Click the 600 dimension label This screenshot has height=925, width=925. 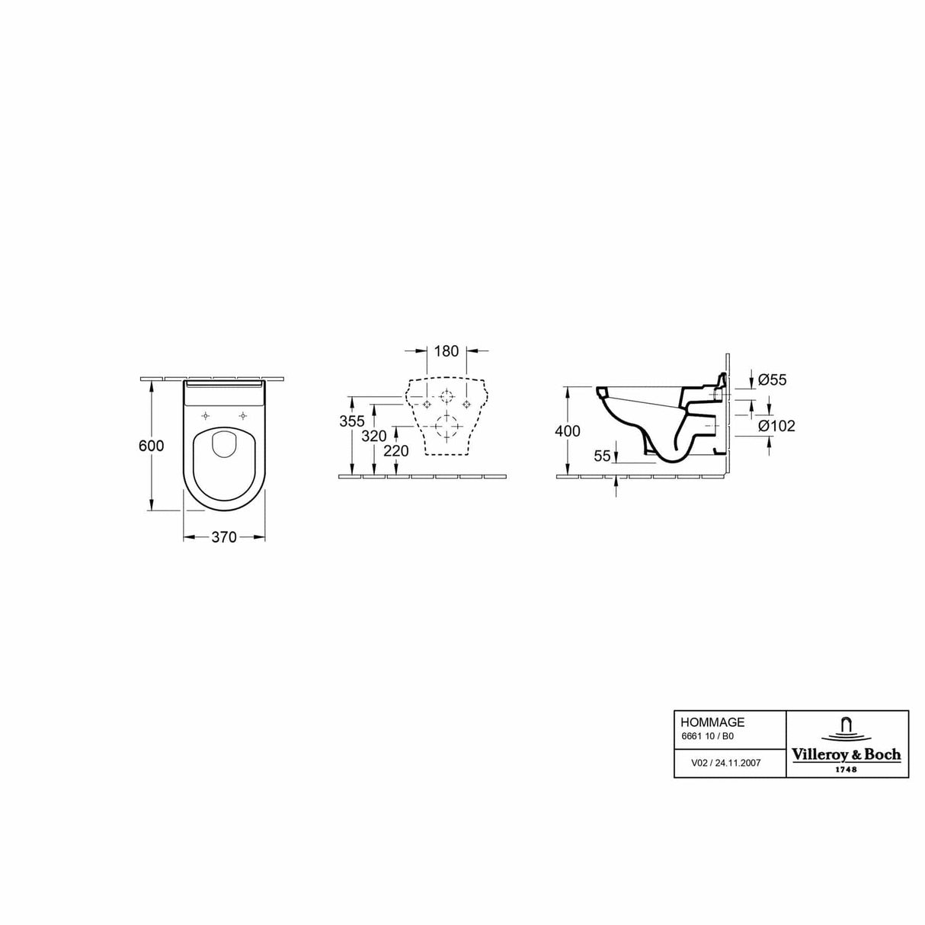(152, 446)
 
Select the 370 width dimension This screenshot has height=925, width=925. (223, 537)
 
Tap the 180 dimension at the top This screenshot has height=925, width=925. (446, 351)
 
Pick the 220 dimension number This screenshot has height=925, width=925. (396, 450)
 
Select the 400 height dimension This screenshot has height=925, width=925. (568, 431)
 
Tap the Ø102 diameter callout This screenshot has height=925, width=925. (776, 426)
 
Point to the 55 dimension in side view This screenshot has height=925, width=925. (603, 456)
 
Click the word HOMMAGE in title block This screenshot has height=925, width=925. (703, 722)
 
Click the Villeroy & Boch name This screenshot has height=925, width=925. (847, 754)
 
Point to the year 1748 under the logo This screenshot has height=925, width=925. (847, 769)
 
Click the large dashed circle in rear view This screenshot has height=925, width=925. (446, 424)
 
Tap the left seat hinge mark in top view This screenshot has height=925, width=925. (206, 415)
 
